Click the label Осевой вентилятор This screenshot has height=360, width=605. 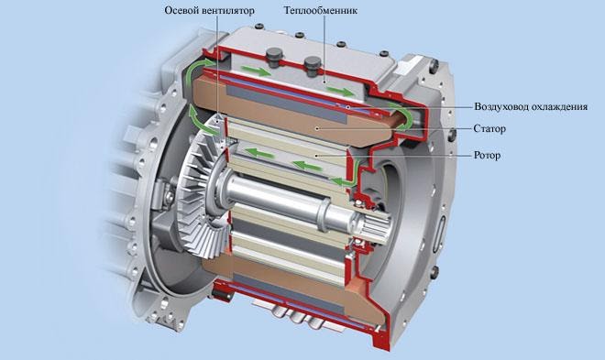209,10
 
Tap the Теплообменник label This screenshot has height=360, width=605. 320,10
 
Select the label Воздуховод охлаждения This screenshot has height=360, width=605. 531,106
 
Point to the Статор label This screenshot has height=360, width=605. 489,128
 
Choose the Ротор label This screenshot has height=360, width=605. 487,156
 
